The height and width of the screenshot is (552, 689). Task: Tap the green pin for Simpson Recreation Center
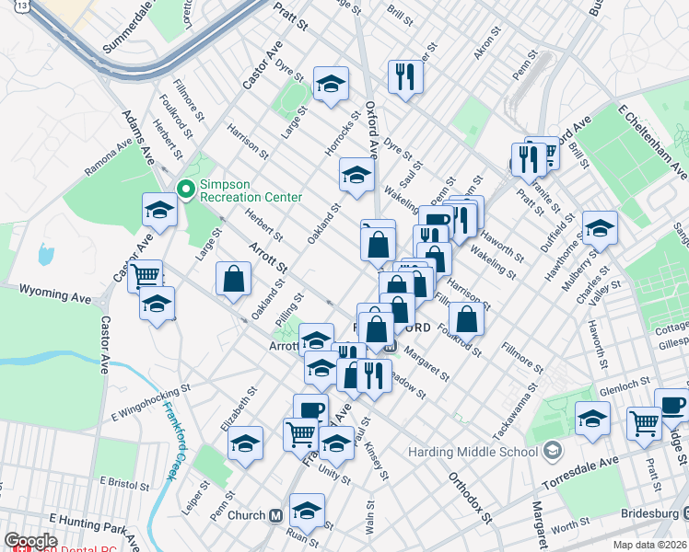pyautogui.click(x=186, y=190)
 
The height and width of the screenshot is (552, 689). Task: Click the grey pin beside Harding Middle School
pyautogui.click(x=552, y=451)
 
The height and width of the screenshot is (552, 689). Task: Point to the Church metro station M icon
pyautogui.click(x=275, y=515)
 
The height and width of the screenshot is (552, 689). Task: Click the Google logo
pyautogui.click(x=29, y=541)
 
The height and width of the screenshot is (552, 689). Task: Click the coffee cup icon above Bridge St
pyautogui.click(x=671, y=404)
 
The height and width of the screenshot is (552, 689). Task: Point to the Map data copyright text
pyautogui.click(x=650, y=545)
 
